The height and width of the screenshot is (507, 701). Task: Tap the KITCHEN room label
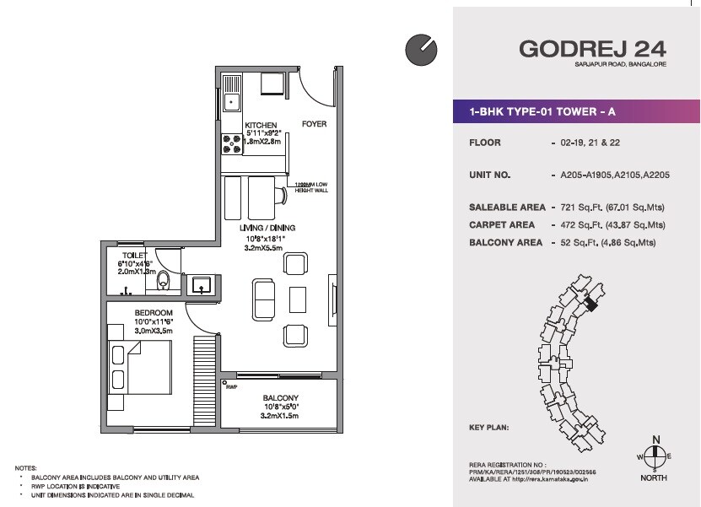(x=261, y=126)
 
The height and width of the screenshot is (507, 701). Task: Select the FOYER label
(x=314, y=125)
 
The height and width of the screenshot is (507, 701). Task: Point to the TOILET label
(x=134, y=254)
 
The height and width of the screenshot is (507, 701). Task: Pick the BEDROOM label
(x=153, y=312)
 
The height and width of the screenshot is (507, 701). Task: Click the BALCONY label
(x=280, y=398)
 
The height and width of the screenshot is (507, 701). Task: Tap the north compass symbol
(x=652, y=455)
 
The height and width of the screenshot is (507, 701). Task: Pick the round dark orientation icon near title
(x=419, y=50)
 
